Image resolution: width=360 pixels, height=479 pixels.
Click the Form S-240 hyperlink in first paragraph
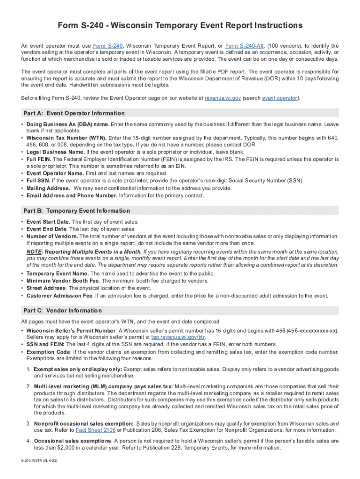point(108,46)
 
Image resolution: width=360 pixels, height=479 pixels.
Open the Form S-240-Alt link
point(245,46)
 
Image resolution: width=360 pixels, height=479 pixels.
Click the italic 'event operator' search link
point(280,98)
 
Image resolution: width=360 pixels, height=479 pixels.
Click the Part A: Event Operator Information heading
point(73,113)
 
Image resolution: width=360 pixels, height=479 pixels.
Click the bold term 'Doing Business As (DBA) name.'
point(68,124)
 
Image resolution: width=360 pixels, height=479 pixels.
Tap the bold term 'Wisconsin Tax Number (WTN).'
point(66,138)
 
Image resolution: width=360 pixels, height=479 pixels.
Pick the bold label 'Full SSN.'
point(38,180)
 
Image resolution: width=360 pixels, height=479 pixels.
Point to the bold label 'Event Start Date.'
point(49,222)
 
